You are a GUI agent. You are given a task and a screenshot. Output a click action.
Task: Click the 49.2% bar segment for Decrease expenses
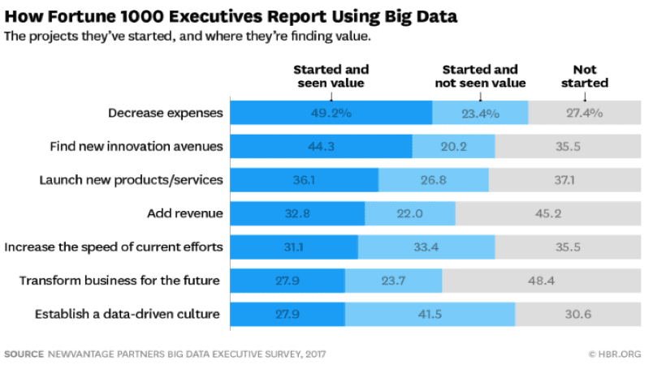tap(331, 114)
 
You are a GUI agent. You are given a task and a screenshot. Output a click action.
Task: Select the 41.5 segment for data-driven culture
tap(430, 314)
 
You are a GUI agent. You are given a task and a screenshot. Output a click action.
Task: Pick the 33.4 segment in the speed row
tap(426, 247)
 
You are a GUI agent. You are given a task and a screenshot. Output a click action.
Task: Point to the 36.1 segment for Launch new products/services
tap(305, 180)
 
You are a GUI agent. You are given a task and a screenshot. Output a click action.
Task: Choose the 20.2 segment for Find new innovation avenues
tap(453, 147)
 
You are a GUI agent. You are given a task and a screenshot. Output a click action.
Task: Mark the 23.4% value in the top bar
tap(480, 114)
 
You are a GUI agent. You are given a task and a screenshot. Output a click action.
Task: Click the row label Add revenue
tap(184, 213)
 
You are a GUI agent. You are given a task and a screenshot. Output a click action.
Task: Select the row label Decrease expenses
tap(165, 114)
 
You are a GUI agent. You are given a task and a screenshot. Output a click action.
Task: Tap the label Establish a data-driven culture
tap(127, 314)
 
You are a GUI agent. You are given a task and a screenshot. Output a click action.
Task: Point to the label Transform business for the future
tap(120, 281)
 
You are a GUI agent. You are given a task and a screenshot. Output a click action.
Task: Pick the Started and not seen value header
tap(480, 76)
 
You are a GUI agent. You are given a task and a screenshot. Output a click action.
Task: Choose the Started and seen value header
tap(331, 76)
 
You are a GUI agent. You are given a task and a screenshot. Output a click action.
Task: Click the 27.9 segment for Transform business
tap(288, 281)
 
